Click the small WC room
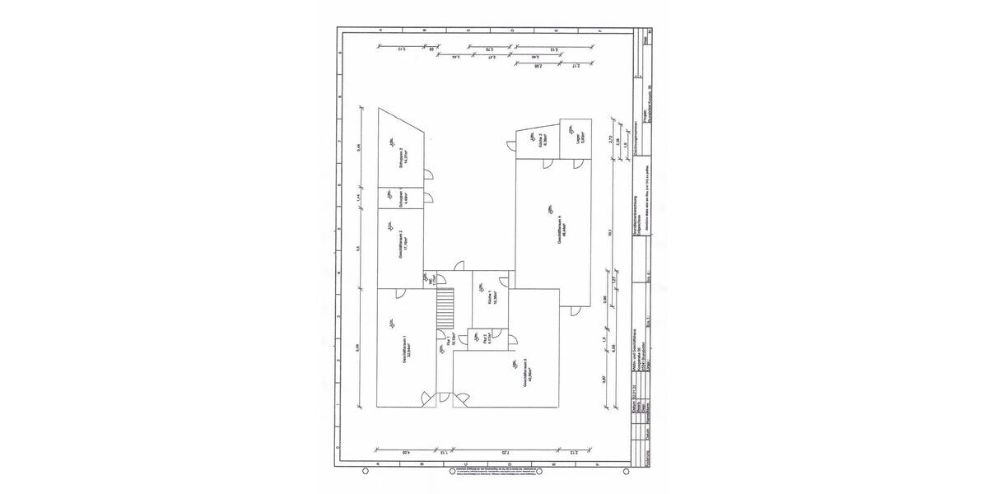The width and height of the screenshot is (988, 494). point(431,280)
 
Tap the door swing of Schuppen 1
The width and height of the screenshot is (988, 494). point(430,198)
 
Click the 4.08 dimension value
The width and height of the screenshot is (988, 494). point(406,452)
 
